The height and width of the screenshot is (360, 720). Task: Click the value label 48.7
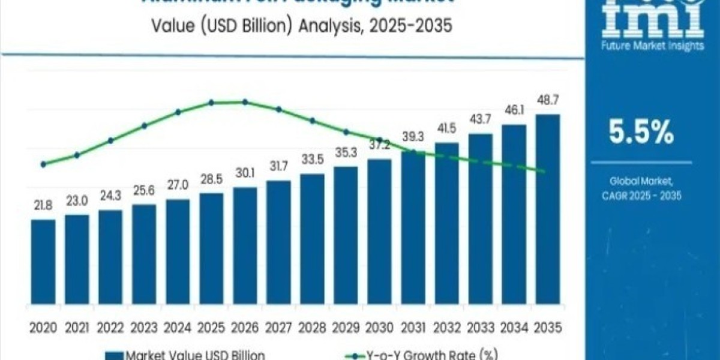(547, 100)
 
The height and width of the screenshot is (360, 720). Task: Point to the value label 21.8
(43, 205)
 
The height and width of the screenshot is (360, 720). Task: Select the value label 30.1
(245, 173)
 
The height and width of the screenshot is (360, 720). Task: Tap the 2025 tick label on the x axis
(211, 328)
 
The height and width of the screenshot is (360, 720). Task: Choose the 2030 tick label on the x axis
(379, 328)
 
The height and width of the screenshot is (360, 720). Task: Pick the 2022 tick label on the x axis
(110, 328)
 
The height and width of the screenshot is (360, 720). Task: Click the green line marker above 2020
(43, 164)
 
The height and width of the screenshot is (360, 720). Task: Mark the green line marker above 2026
(245, 102)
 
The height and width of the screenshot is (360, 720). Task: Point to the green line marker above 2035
(544, 172)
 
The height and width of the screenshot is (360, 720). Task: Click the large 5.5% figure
(641, 133)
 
